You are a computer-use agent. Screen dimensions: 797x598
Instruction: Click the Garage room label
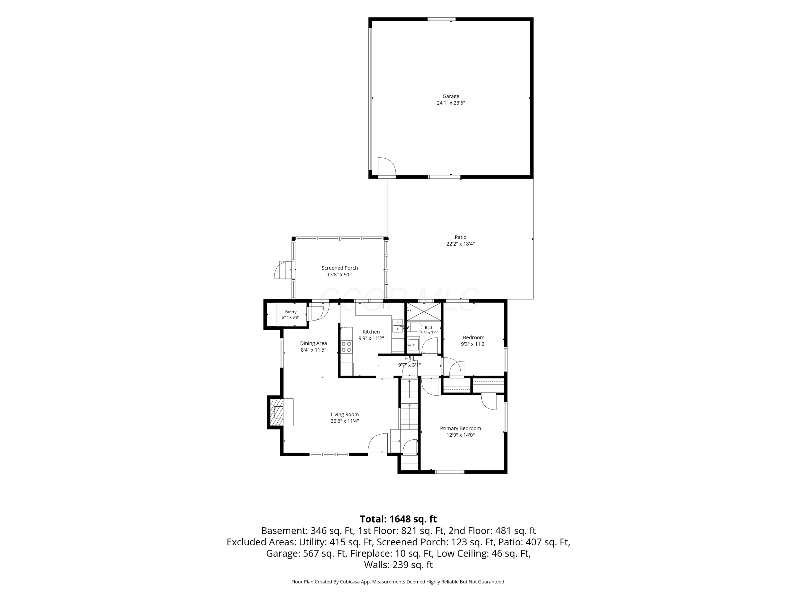click(451, 96)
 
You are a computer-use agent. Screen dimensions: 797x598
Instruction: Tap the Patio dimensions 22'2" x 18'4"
click(460, 244)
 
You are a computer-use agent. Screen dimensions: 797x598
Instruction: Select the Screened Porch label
click(340, 268)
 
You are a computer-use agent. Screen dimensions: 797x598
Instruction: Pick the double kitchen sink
click(397, 326)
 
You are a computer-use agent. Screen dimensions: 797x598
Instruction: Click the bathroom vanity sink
click(414, 345)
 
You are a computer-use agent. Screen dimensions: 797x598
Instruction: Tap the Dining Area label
click(313, 343)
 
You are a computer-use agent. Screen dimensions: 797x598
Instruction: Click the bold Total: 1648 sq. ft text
click(398, 519)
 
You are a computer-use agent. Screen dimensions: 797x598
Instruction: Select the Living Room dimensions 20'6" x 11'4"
click(345, 421)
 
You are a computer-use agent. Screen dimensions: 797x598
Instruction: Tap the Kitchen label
click(371, 332)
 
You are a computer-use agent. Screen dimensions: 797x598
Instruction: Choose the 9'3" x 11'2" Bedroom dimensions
click(473, 344)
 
